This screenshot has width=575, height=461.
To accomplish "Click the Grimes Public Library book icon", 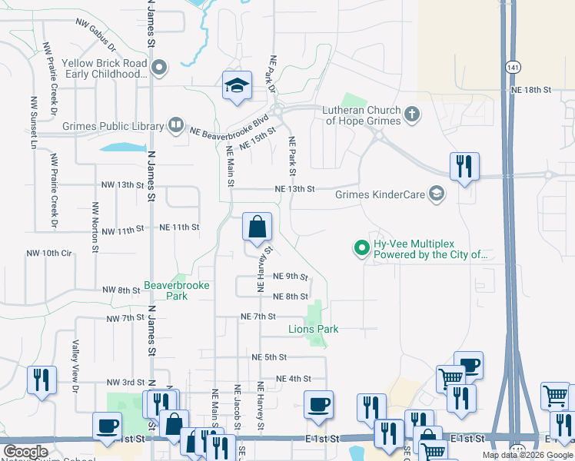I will coord(176,124).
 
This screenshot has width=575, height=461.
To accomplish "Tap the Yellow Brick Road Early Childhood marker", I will coord(159,68).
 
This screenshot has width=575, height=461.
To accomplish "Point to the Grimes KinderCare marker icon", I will coord(437,194).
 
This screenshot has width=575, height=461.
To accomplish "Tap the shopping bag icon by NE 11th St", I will coord(257,227).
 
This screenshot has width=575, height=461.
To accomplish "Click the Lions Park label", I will coord(313,329).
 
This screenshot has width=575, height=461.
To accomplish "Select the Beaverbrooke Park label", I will coord(165,290).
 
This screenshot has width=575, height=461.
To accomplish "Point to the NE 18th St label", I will coord(531,90).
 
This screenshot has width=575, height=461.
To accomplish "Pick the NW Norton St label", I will coord(95,227).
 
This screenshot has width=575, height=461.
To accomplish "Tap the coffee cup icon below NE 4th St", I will coord(317,405).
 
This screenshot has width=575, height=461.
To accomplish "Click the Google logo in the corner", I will coord(25,452).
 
